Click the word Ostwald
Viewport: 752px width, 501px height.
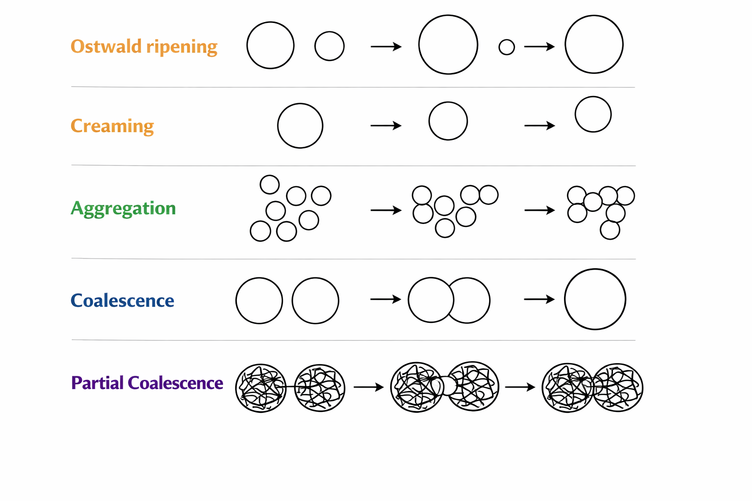pos(106,46)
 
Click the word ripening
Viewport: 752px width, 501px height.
pos(182,47)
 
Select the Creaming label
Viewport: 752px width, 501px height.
pos(112,126)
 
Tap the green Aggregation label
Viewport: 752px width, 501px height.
pos(123,208)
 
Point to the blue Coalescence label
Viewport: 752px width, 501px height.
pos(122,300)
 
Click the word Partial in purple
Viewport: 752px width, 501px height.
pos(97,383)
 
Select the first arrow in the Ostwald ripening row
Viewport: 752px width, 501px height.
pos(386,46)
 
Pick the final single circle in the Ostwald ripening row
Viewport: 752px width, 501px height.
pos(594,16)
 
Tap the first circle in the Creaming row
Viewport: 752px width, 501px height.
pos(300,104)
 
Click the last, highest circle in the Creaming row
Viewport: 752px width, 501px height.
pos(593,97)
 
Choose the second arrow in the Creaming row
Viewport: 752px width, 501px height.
pos(540,126)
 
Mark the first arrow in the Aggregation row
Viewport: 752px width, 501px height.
pos(386,210)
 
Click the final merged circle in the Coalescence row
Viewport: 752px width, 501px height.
pos(595,269)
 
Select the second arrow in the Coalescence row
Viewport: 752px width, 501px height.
pos(539,299)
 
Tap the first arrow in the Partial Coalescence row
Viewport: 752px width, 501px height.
pos(369,387)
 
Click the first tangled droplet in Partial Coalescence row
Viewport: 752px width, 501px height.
pos(261,388)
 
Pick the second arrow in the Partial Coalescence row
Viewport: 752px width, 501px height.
pos(520,387)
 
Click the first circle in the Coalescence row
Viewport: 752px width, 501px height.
pos(259,278)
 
